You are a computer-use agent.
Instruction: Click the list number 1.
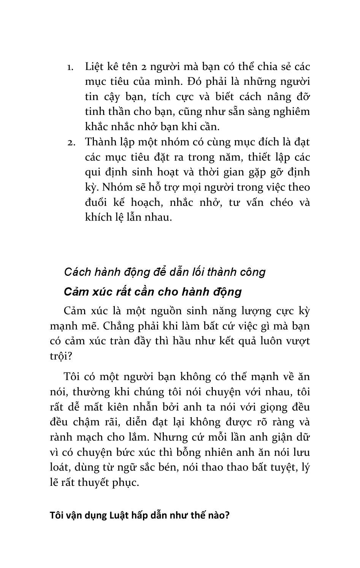tap(70, 67)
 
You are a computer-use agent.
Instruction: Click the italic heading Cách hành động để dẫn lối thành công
tap(165, 272)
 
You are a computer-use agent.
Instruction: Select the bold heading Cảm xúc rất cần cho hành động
tap(153, 292)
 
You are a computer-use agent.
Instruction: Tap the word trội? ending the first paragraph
tap(61, 356)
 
